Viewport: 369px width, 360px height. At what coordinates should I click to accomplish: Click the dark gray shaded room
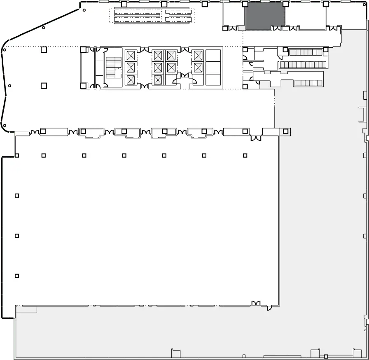[x=265, y=16]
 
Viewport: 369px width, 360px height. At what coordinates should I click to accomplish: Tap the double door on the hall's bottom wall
[x=256, y=304]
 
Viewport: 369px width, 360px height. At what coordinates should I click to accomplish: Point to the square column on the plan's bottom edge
[x=326, y=356]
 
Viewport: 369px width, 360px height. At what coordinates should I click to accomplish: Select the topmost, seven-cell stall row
[x=305, y=52]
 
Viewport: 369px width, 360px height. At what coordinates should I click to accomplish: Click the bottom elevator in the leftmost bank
[x=131, y=79]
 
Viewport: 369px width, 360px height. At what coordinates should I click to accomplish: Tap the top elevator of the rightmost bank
[x=199, y=55]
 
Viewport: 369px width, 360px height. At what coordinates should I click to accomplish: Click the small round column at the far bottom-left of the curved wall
[x=5, y=125]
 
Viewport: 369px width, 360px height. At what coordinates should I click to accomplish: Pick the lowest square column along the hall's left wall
[x=17, y=276]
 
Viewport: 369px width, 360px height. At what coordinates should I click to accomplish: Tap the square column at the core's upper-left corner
[x=83, y=50]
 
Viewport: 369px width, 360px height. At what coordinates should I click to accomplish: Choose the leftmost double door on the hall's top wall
[x=35, y=132]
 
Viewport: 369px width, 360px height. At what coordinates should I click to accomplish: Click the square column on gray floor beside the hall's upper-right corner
[x=285, y=131]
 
